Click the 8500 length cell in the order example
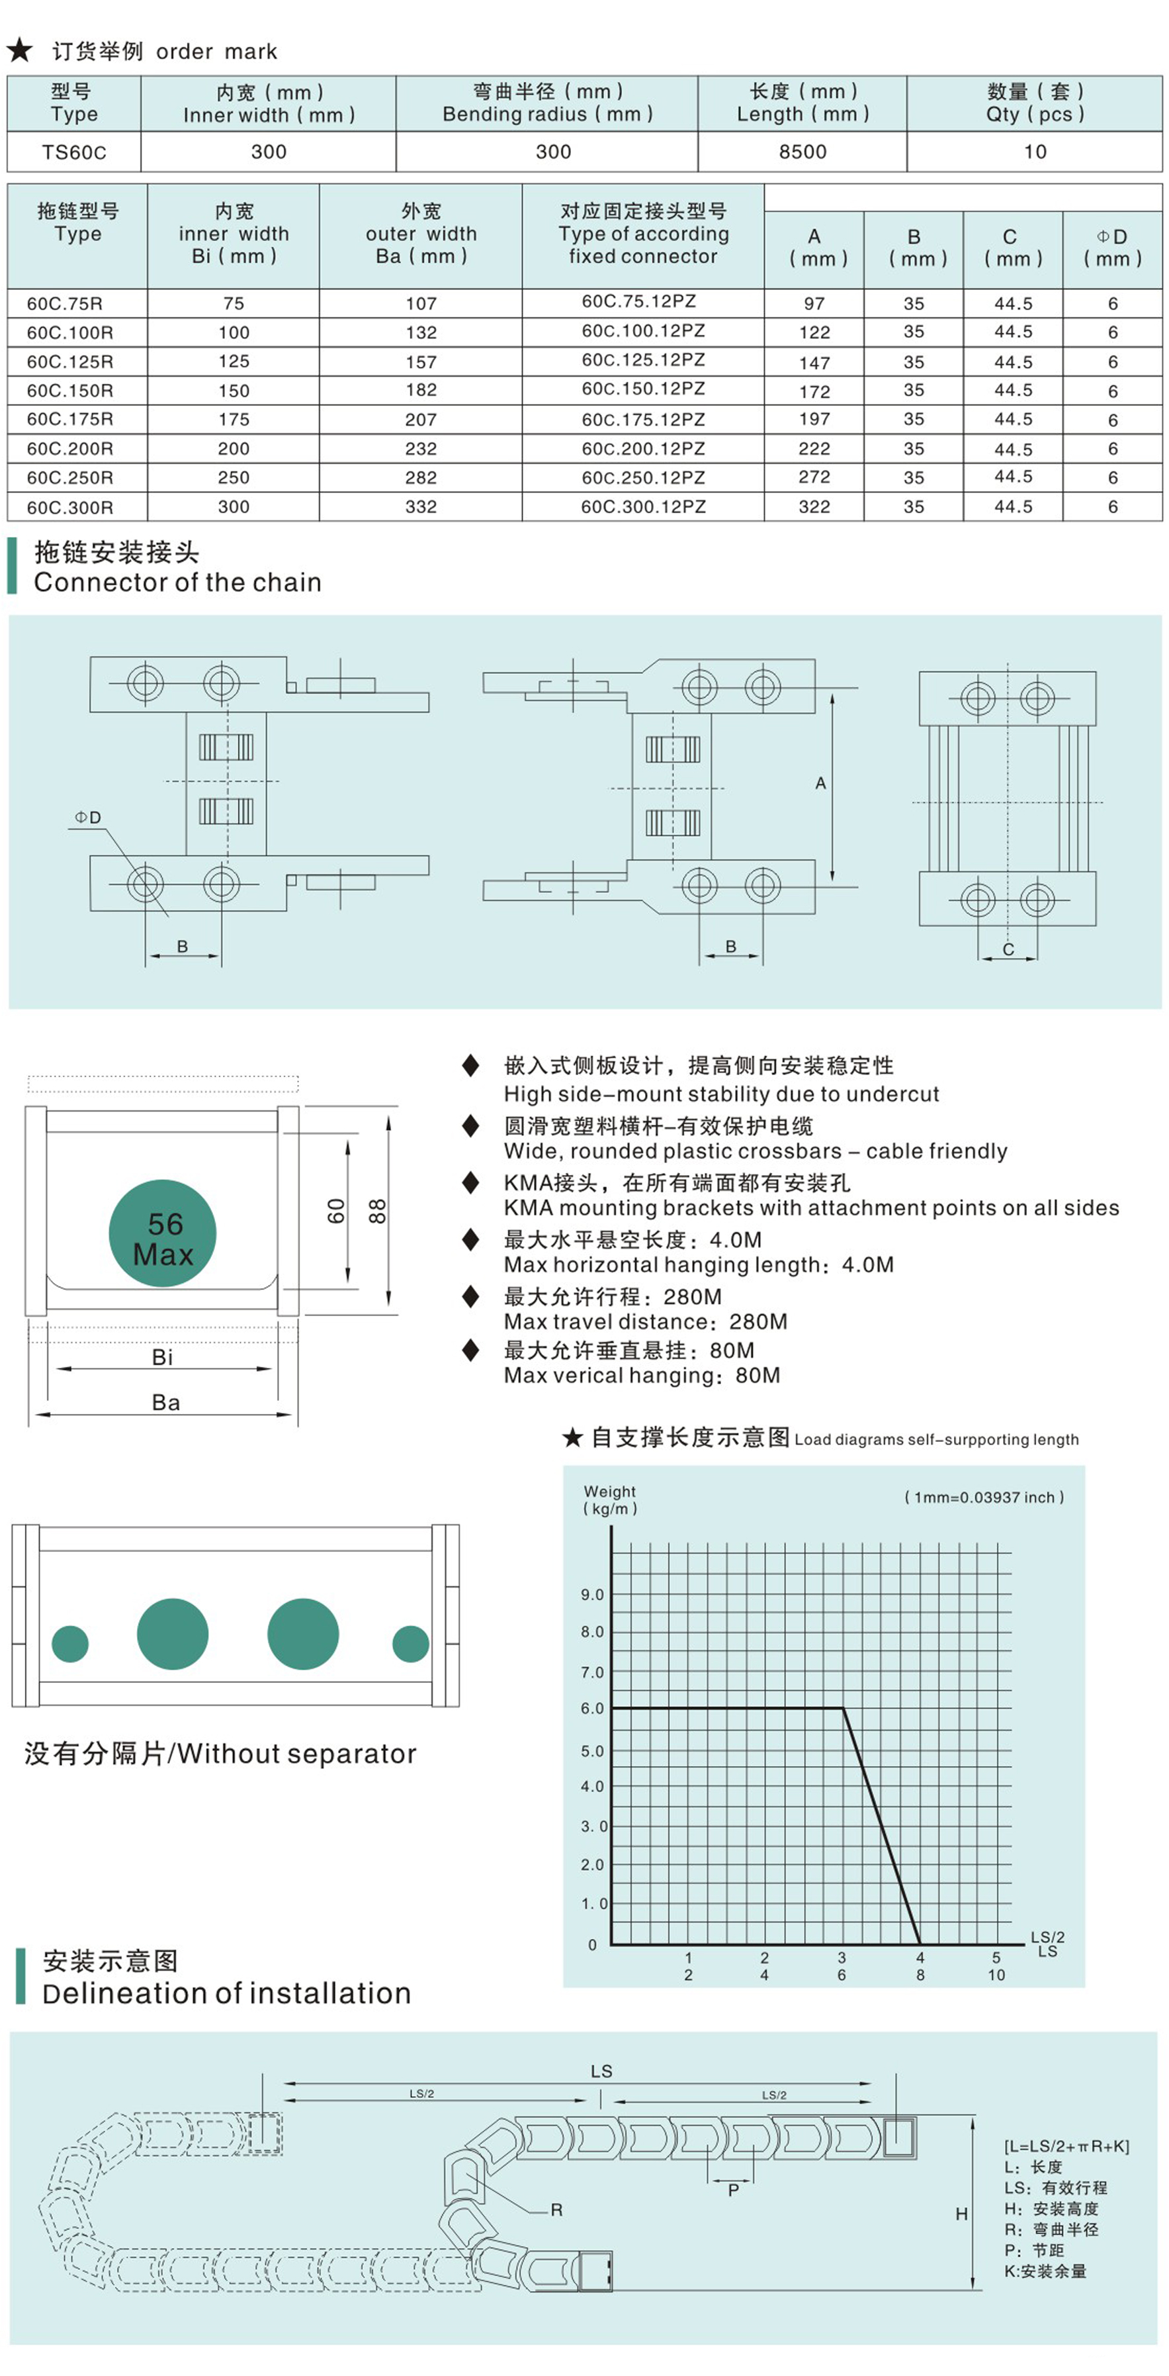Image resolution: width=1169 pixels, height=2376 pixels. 802,152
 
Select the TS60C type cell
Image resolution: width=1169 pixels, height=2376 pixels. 73,152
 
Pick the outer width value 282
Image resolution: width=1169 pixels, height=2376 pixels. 420,478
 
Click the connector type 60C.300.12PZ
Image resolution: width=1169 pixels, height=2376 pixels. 642,506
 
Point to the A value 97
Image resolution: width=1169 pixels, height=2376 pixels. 814,303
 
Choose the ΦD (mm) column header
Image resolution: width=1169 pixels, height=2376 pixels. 1112,247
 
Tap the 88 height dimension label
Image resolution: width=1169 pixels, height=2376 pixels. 377,1211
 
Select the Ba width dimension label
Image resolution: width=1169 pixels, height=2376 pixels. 166,1403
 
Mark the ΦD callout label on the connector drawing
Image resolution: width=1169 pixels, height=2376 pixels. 89,817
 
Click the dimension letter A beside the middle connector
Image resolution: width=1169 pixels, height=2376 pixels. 820,783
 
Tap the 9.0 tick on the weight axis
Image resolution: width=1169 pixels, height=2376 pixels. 592,1595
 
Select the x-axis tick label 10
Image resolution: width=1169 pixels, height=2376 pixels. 996,1975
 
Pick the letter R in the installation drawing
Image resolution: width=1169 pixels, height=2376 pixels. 556,2210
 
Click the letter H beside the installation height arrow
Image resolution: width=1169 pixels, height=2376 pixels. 961,2214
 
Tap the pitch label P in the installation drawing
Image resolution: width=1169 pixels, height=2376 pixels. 733,2191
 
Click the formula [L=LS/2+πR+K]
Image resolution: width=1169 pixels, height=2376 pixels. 1066,2146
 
